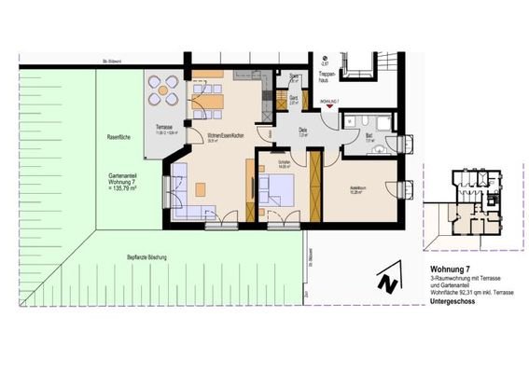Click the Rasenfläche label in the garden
pos(118,137)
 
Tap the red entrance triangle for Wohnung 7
pos(328,108)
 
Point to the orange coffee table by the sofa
pos(201,189)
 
